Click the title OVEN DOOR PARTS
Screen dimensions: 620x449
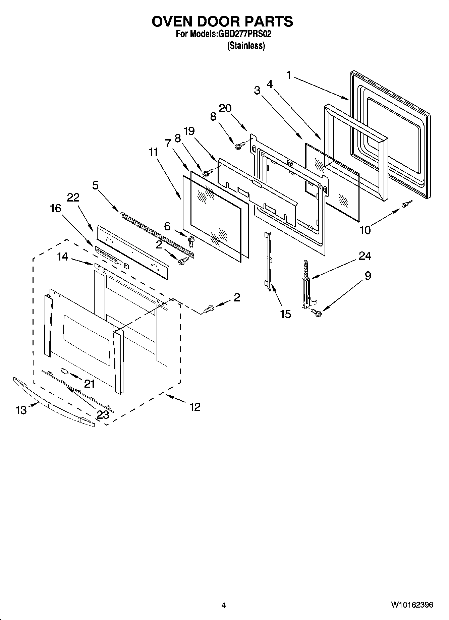click(x=222, y=21)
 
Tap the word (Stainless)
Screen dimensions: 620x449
click(x=246, y=46)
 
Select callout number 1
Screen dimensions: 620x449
click(x=288, y=75)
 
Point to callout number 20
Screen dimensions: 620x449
click(x=225, y=108)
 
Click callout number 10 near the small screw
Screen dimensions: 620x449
click(x=365, y=230)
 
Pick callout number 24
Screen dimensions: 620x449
click(x=365, y=256)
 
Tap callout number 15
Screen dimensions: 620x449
click(x=285, y=314)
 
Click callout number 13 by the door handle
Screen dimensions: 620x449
click(x=21, y=410)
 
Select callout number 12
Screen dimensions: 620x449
click(x=195, y=407)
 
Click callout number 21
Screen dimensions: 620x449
click(x=90, y=384)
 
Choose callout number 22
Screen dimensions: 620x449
click(x=73, y=198)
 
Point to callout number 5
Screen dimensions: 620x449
click(x=96, y=185)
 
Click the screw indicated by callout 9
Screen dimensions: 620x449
click(x=317, y=313)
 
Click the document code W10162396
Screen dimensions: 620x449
click(x=412, y=605)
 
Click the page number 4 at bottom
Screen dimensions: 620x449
click(x=224, y=605)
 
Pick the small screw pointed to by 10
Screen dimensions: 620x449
click(x=406, y=204)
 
